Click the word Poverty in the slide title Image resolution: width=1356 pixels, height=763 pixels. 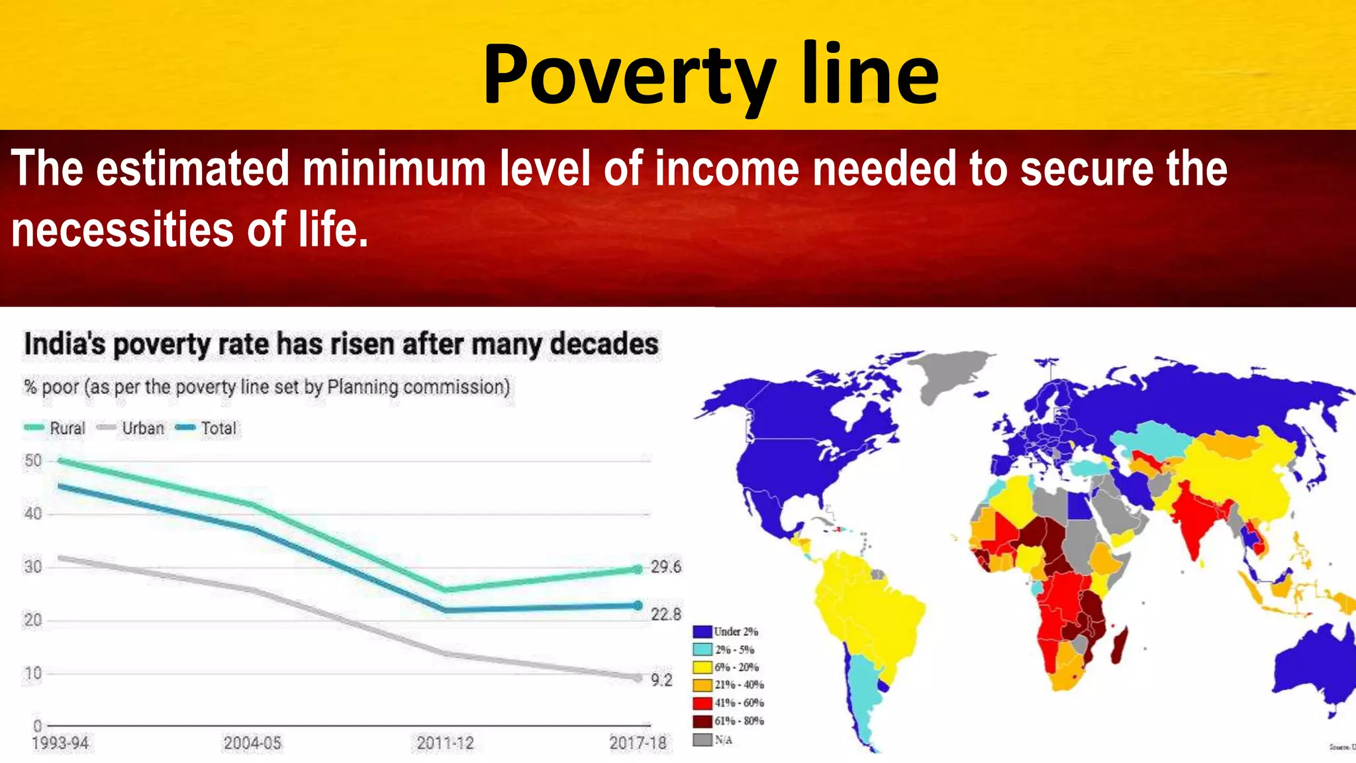coord(629,74)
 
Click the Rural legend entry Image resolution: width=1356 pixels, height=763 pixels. coord(67,429)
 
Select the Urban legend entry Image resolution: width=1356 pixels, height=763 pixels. coord(142,429)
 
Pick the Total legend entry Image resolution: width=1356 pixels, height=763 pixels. coord(218,429)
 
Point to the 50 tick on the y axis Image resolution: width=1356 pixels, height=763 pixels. coord(33,460)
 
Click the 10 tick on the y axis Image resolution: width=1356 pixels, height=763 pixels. coord(33,674)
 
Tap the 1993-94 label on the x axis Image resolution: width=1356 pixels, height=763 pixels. coord(60,743)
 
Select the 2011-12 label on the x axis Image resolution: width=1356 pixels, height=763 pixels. coord(446,743)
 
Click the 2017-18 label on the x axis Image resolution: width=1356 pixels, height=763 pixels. coord(638,743)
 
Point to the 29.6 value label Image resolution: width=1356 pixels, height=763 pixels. coord(665,567)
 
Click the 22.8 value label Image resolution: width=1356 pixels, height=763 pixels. coord(665,615)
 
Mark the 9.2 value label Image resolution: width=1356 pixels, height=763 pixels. coord(661,680)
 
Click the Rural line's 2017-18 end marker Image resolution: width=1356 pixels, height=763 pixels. coord(638,569)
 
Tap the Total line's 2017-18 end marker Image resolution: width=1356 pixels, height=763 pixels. coord(638,605)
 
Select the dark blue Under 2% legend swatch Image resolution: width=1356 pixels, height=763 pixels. coord(702,631)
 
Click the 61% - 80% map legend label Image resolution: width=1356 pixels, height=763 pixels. coord(739,721)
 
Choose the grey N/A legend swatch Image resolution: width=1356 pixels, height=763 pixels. coord(702,739)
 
